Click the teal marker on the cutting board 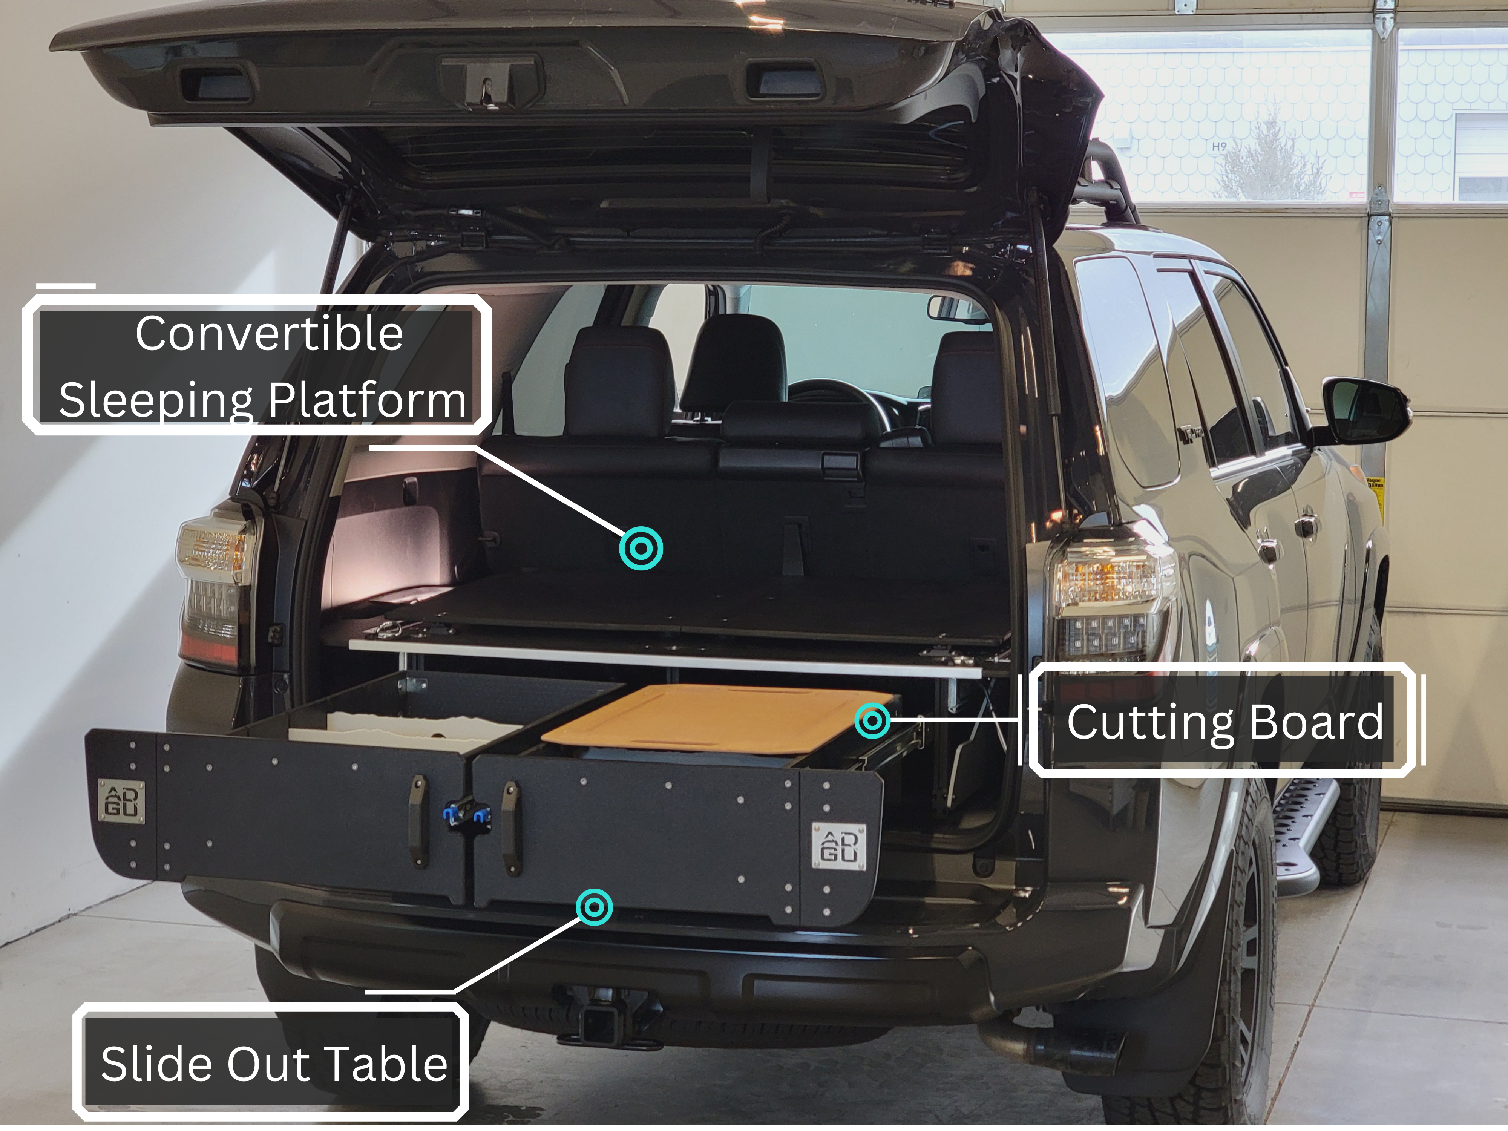873,720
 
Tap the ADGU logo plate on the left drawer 121,801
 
